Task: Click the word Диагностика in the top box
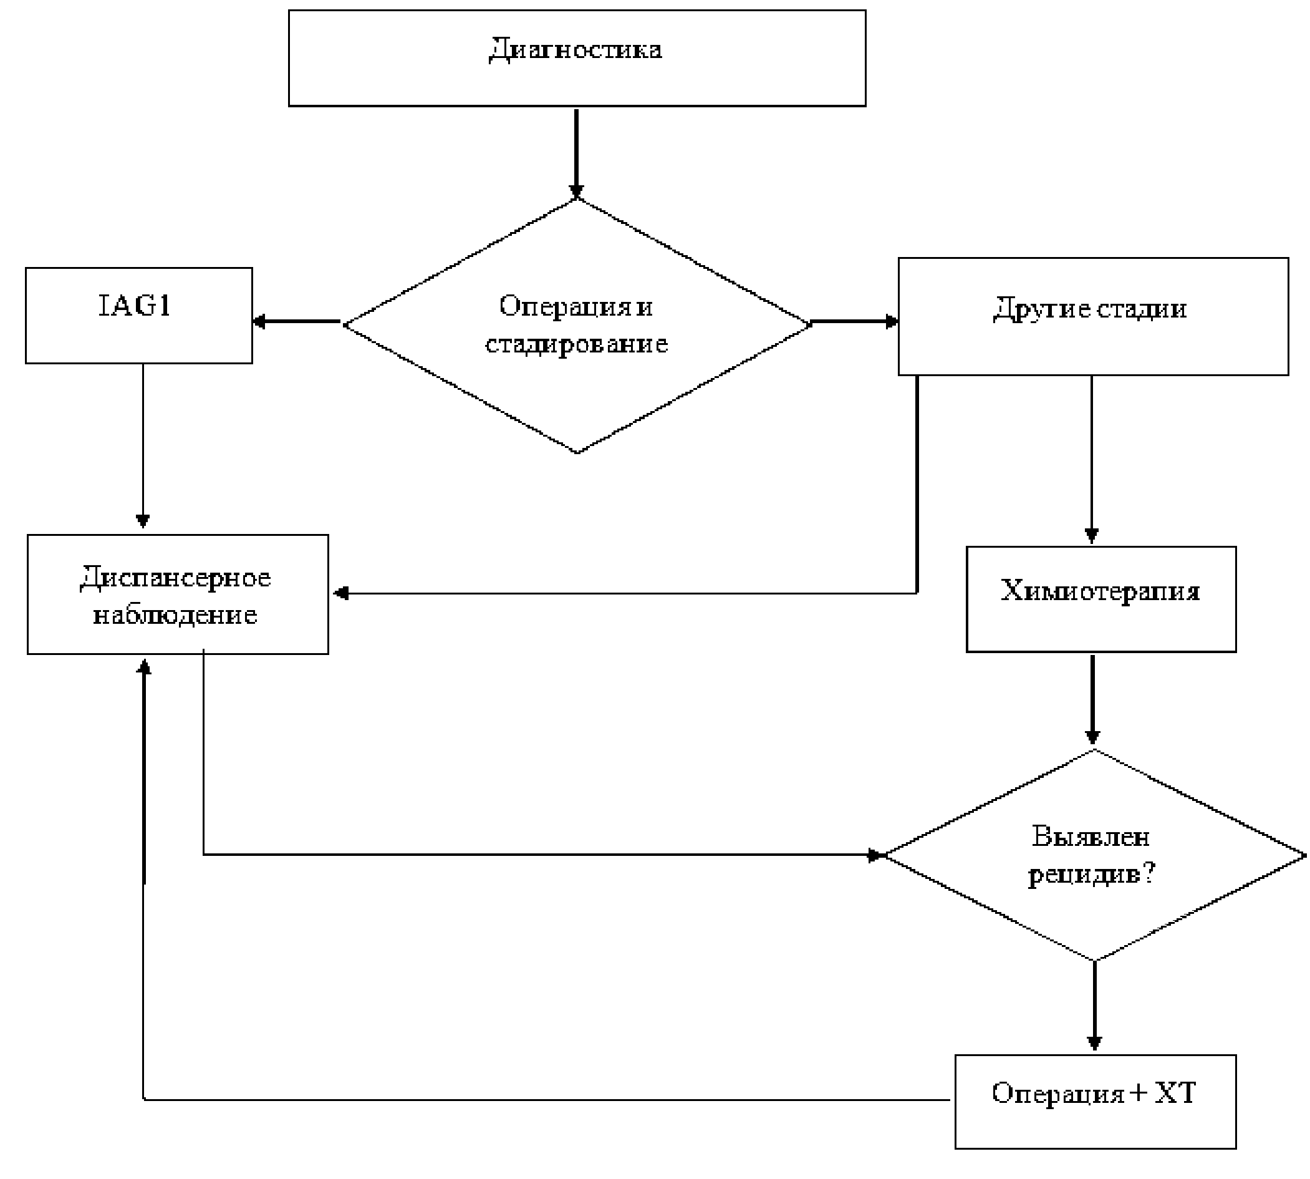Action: click(x=574, y=49)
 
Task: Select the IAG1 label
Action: click(x=134, y=306)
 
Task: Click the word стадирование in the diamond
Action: click(x=576, y=343)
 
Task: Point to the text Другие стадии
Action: click(x=1090, y=308)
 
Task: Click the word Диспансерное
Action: click(x=175, y=577)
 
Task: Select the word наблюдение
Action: click(x=175, y=614)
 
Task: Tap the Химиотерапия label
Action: click(x=1099, y=590)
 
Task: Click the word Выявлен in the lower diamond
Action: click(x=1091, y=837)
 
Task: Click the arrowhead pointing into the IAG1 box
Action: click(x=259, y=321)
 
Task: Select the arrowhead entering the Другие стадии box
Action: click(x=892, y=321)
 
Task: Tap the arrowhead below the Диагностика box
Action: click(x=576, y=192)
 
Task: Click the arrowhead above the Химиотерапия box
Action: click(x=1091, y=535)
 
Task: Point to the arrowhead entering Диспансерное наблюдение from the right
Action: click(x=340, y=593)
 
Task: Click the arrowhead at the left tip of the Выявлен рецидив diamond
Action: click(x=875, y=856)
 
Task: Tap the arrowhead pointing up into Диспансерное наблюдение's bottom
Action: click(x=145, y=667)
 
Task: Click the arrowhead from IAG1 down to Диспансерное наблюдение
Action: click(x=143, y=521)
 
